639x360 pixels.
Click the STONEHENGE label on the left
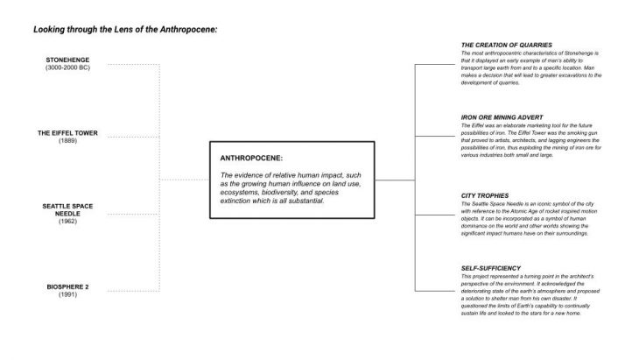[67, 60]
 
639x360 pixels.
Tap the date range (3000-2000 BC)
[67, 67]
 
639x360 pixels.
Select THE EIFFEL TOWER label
[67, 133]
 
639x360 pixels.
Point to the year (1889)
[67, 141]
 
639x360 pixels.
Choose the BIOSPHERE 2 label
[67, 286]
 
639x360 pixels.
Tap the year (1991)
[67, 294]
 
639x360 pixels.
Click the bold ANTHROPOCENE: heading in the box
[250, 159]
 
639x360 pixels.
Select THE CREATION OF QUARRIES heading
[513, 45]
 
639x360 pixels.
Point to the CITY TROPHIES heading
[484, 194]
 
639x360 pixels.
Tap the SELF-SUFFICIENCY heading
[491, 267]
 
